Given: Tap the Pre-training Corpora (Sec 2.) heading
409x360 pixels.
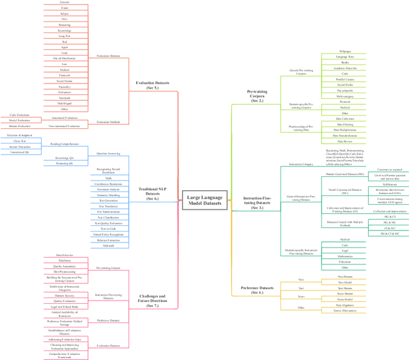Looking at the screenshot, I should coord(256,96).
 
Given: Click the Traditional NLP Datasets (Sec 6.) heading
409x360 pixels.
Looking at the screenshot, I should coord(152,193).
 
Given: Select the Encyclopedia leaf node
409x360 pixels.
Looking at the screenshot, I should coord(344,91).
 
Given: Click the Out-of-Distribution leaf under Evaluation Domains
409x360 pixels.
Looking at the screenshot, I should coord(65,58).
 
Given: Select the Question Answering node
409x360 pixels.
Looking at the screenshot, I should coord(108,154).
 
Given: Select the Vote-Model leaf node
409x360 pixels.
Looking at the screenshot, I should coord(344,281).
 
